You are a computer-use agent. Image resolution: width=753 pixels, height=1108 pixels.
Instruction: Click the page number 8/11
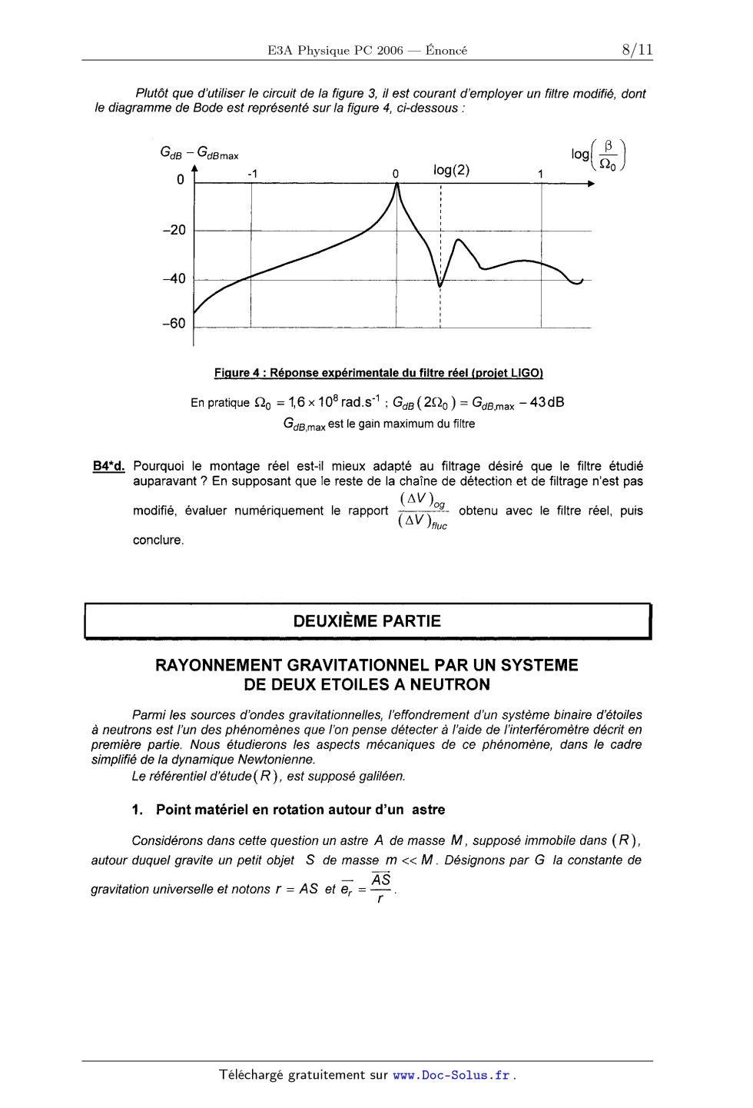[637, 50]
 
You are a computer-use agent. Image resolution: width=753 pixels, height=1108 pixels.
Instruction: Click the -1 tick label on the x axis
[251, 174]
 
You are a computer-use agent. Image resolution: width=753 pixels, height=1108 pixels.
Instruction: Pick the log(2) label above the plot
[451, 171]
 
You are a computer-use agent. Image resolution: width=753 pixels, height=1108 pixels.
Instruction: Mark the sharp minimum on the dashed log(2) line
[440, 286]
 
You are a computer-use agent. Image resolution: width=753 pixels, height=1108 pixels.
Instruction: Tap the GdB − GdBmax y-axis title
[199, 153]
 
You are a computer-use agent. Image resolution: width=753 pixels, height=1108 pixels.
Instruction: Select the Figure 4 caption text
[378, 373]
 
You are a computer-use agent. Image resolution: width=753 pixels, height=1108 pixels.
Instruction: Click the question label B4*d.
[108, 466]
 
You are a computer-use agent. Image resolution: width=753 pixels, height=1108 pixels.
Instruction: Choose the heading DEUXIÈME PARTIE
[367, 621]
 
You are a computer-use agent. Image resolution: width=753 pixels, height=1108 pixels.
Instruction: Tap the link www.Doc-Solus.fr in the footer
[451, 1075]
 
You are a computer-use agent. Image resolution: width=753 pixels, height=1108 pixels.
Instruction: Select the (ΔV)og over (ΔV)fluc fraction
[423, 511]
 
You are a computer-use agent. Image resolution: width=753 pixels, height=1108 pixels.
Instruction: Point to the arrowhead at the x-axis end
[589, 184]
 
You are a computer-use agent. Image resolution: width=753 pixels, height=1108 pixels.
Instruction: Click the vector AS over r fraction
[380, 888]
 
